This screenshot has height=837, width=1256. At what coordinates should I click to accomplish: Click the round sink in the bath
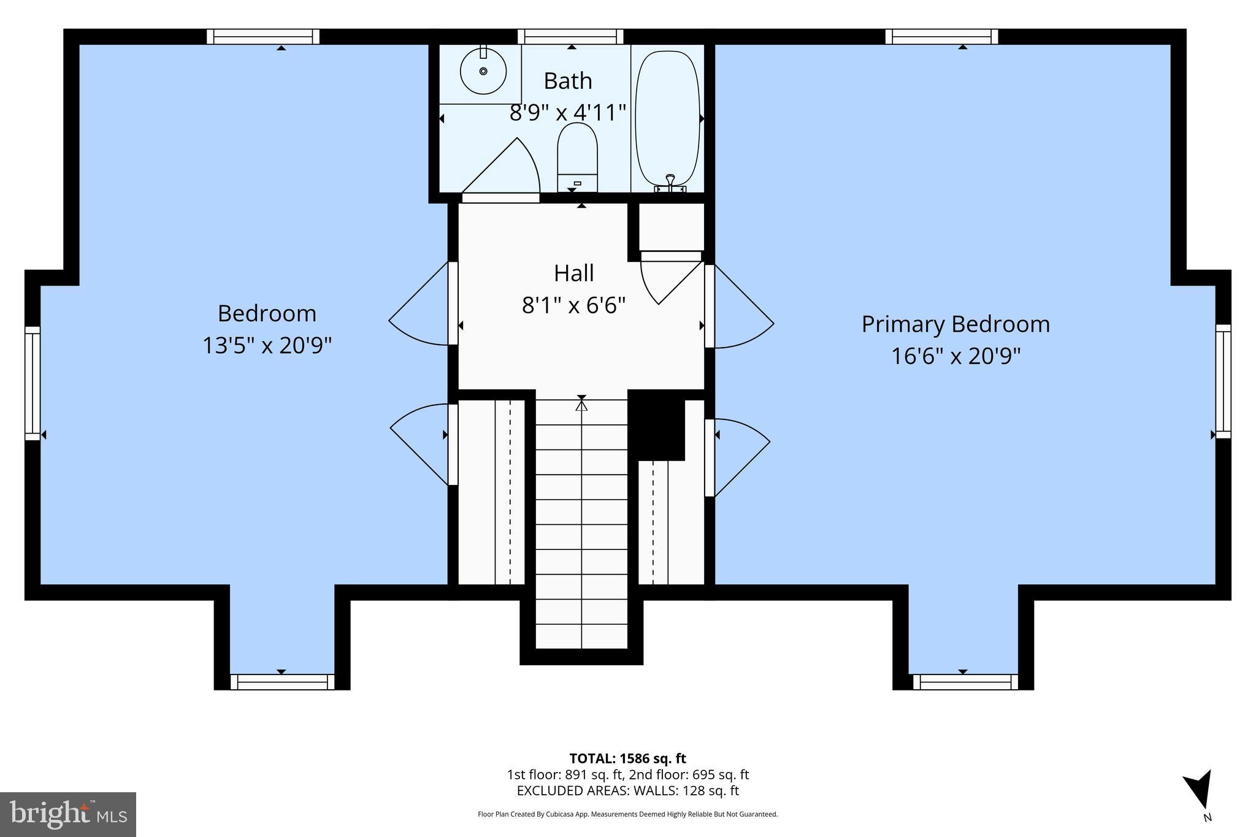point(483,72)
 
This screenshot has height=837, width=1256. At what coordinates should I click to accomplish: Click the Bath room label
point(568,81)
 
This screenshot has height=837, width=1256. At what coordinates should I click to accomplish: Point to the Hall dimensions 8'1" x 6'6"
point(573,305)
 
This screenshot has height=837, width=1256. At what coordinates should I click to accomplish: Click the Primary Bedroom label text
point(955,324)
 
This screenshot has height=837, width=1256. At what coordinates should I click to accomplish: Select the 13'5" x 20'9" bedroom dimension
point(267,346)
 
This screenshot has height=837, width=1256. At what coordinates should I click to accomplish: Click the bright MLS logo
point(68,814)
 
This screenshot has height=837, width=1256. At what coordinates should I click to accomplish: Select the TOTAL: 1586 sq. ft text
point(627,759)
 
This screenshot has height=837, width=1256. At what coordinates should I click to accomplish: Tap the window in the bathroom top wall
point(571,37)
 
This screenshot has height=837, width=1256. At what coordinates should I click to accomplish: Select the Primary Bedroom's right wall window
point(1223,381)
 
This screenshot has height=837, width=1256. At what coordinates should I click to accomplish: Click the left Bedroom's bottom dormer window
point(282,682)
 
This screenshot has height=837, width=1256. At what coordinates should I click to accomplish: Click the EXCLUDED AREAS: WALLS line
point(627,790)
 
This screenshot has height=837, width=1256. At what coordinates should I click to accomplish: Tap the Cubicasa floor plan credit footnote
point(627,814)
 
